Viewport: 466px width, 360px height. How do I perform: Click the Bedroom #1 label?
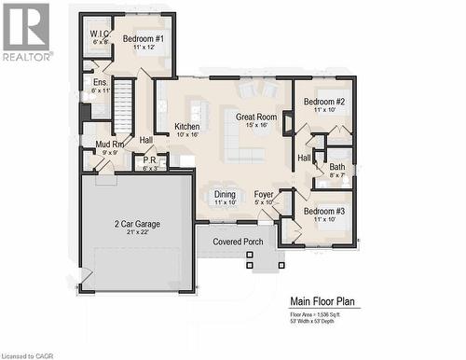tap(144, 38)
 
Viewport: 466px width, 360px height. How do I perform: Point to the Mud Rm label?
tap(110, 145)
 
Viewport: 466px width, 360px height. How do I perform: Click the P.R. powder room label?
tap(150, 159)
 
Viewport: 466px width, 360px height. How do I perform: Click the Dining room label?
tap(225, 194)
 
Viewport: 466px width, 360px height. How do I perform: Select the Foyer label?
tap(264, 194)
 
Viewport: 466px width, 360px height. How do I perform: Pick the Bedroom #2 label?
tap(324, 101)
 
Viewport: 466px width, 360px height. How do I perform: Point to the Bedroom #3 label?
tap(324, 211)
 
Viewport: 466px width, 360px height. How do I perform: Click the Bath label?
tap(336, 167)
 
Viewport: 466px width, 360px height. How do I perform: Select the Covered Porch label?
tap(238, 242)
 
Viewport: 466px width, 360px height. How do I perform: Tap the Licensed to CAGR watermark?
tap(29, 354)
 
